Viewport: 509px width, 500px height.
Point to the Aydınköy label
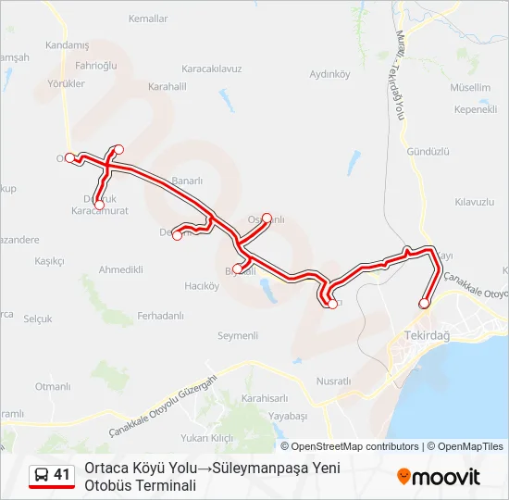pyautogui.click(x=329, y=74)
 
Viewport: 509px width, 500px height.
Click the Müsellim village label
pyautogui.click(x=470, y=88)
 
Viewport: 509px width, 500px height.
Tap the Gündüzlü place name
pyautogui.click(x=427, y=151)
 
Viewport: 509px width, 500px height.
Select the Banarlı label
pyautogui.click(x=186, y=181)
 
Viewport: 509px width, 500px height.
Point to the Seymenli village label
pyautogui.click(x=237, y=335)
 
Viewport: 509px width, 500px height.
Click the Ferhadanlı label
pyautogui.click(x=160, y=316)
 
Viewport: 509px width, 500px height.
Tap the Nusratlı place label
pyautogui.click(x=334, y=381)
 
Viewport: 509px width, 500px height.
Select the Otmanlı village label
pyautogui.click(x=52, y=386)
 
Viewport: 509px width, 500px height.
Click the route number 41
pyautogui.click(x=62, y=475)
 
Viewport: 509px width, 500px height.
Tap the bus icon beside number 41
pyautogui.click(x=42, y=475)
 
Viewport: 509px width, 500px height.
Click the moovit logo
pyautogui.click(x=439, y=477)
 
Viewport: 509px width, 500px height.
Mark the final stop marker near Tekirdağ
pyautogui.click(x=425, y=303)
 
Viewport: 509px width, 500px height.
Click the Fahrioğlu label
pyautogui.click(x=95, y=66)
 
